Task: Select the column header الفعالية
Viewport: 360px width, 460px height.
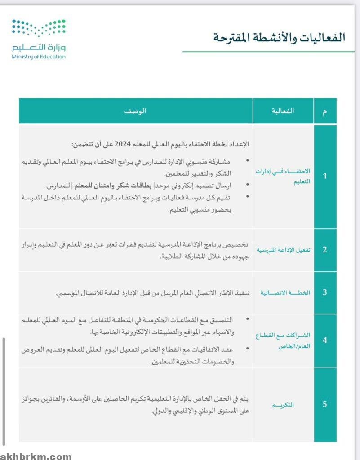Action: tap(283, 111)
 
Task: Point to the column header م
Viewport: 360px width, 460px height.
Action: tap(325, 111)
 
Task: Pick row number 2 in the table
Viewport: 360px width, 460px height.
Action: tap(325, 250)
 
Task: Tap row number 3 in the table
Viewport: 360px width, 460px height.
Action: tap(325, 292)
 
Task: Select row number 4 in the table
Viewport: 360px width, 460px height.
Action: tap(325, 340)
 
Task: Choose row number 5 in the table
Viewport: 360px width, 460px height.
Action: tap(325, 404)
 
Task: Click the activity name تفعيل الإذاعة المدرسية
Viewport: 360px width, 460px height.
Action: tap(283, 250)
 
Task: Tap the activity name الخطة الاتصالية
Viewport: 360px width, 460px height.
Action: tap(285, 293)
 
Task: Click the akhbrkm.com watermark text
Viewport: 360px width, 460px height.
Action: tap(36, 456)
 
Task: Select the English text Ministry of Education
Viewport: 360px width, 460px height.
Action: tap(39, 57)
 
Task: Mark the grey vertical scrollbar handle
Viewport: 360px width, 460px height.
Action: tap(4, 391)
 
